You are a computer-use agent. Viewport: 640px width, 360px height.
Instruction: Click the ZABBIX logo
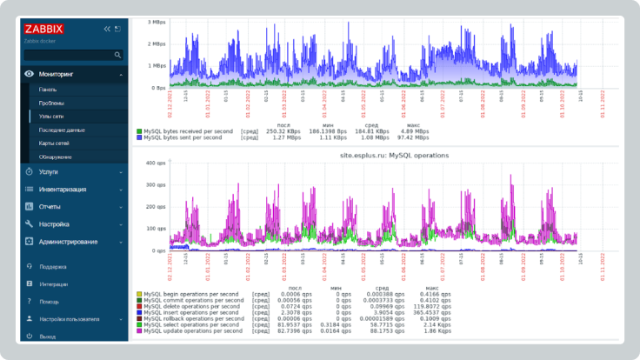(x=43, y=29)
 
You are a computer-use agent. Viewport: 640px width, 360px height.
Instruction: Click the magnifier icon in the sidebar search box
(x=118, y=55)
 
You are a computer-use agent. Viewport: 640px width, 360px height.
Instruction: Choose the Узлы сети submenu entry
(x=51, y=116)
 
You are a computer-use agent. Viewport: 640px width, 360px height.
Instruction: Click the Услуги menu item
(x=49, y=172)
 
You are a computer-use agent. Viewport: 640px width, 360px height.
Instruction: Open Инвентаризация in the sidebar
(x=63, y=190)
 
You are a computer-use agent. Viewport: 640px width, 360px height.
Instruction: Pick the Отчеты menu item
(x=50, y=207)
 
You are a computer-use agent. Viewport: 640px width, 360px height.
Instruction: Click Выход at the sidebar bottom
(x=48, y=336)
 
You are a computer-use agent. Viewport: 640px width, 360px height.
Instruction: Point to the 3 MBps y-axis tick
(x=157, y=21)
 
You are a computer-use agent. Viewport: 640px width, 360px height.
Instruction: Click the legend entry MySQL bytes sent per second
(x=188, y=137)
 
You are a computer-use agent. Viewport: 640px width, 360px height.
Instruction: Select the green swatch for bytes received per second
(x=139, y=131)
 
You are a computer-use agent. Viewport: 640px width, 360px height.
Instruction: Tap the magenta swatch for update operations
(x=139, y=331)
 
